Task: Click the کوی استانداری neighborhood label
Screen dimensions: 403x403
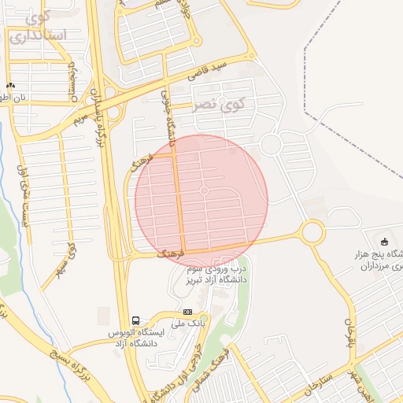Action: [x=38, y=25]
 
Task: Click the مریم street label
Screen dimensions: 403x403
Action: [x=78, y=119]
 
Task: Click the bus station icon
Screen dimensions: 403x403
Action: [x=136, y=321]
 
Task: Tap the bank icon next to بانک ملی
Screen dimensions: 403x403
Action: [x=187, y=312]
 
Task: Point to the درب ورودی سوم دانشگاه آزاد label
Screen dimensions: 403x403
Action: [x=213, y=273]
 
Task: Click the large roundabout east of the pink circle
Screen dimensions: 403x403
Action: [x=312, y=232]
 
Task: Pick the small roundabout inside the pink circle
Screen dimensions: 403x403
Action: [x=205, y=191]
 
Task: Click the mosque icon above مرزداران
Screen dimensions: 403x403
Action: [x=384, y=241]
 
